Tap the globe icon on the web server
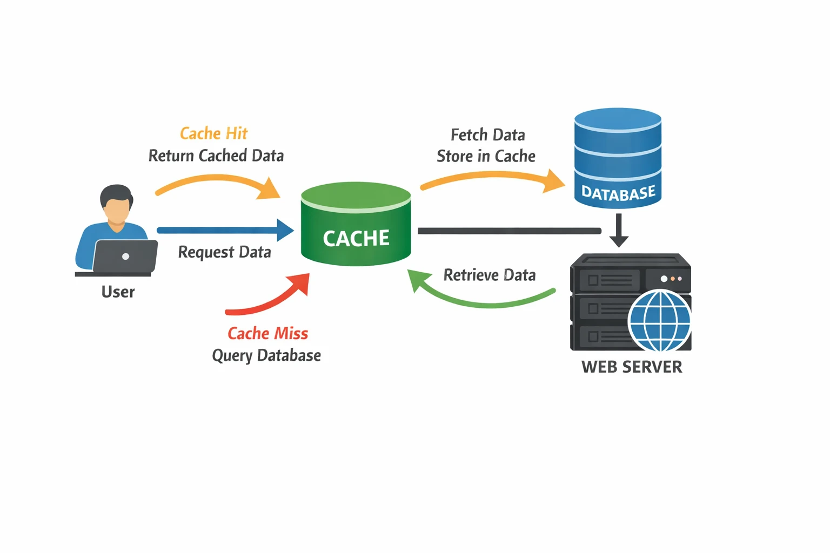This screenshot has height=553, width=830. click(x=659, y=321)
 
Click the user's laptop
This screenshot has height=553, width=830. click(x=125, y=257)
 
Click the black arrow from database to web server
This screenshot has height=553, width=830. click(x=619, y=230)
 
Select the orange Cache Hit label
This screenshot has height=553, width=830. click(x=213, y=133)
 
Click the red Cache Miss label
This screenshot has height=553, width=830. click(x=267, y=333)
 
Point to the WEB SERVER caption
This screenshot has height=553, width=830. click(x=632, y=367)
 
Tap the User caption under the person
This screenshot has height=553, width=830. click(x=118, y=292)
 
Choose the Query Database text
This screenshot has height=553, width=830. click(x=266, y=355)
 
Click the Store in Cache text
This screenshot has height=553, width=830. click(x=486, y=156)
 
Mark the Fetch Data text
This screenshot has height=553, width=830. click(x=487, y=134)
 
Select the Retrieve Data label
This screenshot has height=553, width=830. click(x=490, y=275)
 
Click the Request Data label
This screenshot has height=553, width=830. click(x=224, y=252)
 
